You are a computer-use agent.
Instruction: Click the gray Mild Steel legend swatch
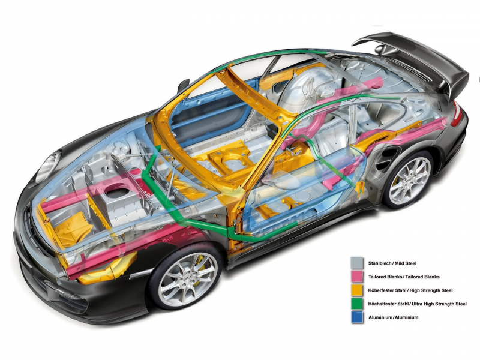[357, 263]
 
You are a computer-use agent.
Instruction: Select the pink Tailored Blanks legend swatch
[357, 277]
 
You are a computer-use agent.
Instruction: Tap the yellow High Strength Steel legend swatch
[357, 290]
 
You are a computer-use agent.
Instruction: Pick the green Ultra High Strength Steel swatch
[357, 304]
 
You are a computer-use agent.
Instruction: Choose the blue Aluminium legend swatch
[357, 317]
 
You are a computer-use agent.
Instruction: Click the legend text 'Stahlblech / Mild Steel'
[392, 263]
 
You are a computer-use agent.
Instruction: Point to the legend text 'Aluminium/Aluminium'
[393, 317]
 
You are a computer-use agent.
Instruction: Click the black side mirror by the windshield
[183, 85]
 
